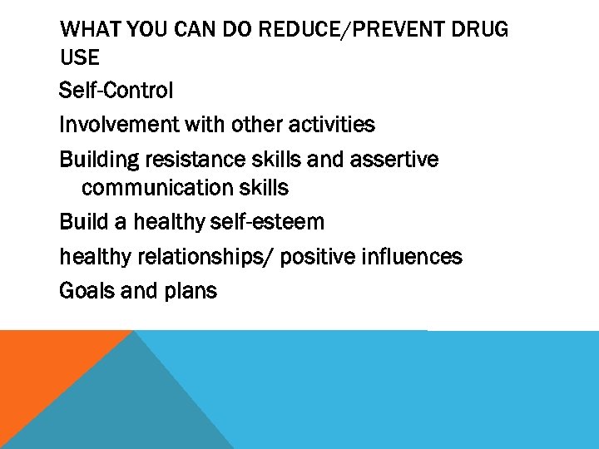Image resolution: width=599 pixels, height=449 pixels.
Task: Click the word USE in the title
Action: pos(80,57)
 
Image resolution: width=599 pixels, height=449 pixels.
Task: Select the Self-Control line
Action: pos(116,90)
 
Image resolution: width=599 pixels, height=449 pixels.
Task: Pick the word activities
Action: pos(331,125)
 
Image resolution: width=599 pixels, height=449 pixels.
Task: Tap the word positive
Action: pos(317,257)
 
